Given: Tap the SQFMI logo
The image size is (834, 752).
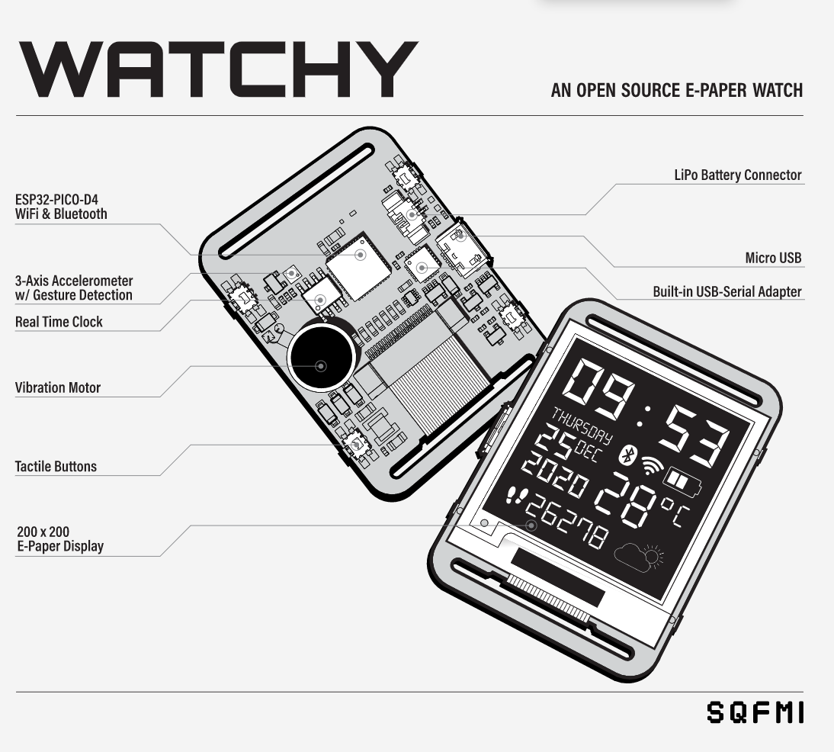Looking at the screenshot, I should pyautogui.click(x=754, y=713).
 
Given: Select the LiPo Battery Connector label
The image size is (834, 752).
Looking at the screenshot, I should pyautogui.click(x=737, y=175).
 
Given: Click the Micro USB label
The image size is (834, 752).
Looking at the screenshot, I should pyautogui.click(x=773, y=258).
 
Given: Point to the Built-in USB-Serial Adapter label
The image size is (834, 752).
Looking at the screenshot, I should pyautogui.click(x=727, y=291).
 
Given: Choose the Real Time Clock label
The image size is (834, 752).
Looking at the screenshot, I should pyautogui.click(x=59, y=322).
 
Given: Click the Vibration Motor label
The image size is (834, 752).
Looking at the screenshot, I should pyautogui.click(x=58, y=387).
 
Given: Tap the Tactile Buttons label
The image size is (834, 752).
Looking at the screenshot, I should pyautogui.click(x=56, y=466).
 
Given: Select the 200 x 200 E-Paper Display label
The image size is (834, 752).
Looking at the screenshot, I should pyautogui.click(x=59, y=538).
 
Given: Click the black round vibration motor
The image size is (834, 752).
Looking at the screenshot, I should pyautogui.click(x=321, y=355).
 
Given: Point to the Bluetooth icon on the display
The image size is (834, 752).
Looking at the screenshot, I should pyautogui.click(x=627, y=455).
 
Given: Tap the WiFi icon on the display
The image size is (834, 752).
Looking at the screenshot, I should pyautogui.click(x=652, y=466).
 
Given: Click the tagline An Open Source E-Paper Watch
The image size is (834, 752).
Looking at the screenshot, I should pyautogui.click(x=676, y=91).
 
